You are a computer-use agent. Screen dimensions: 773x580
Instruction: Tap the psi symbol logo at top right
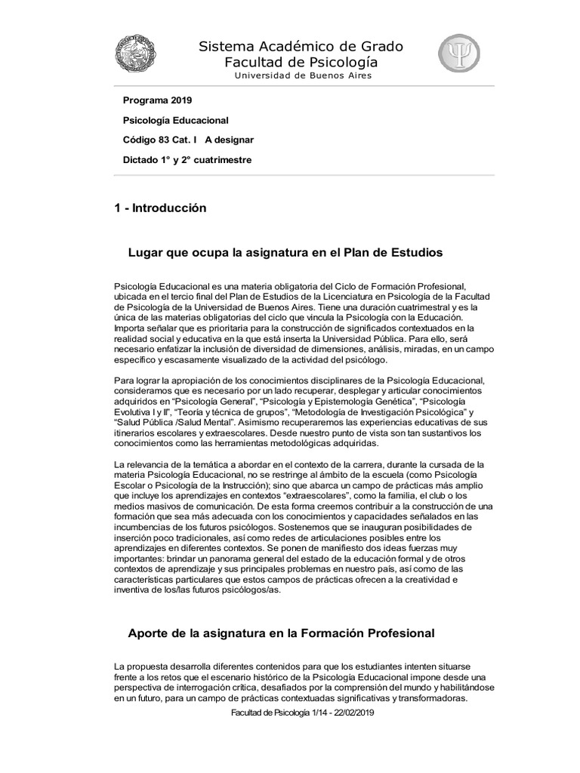pyautogui.click(x=458, y=54)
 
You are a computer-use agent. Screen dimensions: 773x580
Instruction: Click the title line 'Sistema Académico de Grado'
pyautogui.click(x=301, y=47)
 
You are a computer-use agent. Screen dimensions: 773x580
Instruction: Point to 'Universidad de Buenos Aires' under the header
pyautogui.click(x=302, y=75)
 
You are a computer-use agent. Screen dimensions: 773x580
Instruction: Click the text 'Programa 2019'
pyautogui.click(x=157, y=100)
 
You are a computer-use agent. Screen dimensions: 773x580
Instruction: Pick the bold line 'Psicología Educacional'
pyautogui.click(x=175, y=120)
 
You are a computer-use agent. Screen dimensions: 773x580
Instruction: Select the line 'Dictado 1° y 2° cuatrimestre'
pyautogui.click(x=187, y=159)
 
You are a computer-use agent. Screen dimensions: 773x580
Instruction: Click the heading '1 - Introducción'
pyautogui.click(x=159, y=208)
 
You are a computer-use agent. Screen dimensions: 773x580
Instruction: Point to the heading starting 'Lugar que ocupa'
pyautogui.click(x=285, y=251)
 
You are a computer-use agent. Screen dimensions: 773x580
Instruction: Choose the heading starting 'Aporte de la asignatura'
pyautogui.click(x=281, y=633)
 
